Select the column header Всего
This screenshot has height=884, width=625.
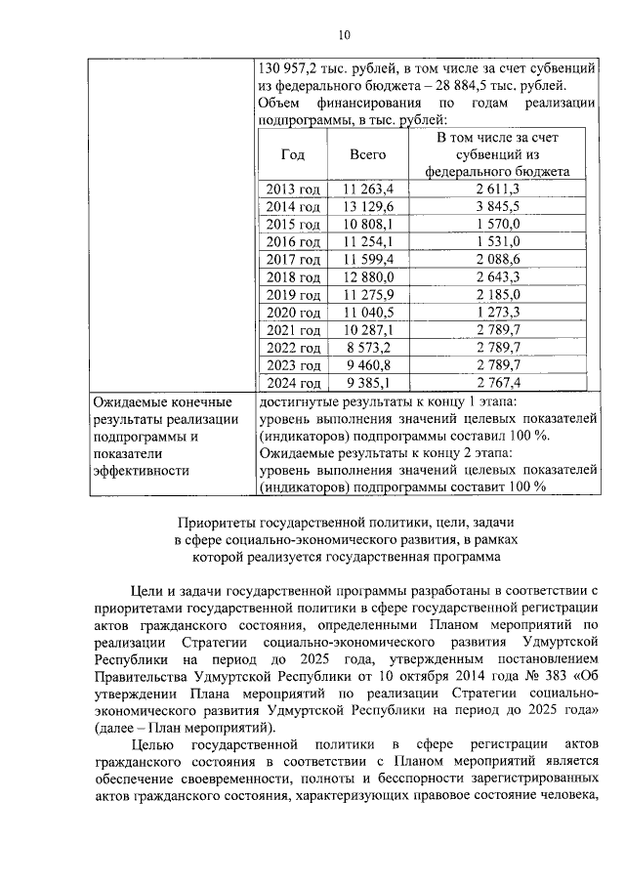click(x=367, y=153)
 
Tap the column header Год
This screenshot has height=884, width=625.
click(x=292, y=153)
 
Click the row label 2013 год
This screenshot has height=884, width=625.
click(x=293, y=189)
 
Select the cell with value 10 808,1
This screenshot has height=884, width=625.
click(x=367, y=224)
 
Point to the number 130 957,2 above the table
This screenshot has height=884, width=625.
click(x=288, y=68)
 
